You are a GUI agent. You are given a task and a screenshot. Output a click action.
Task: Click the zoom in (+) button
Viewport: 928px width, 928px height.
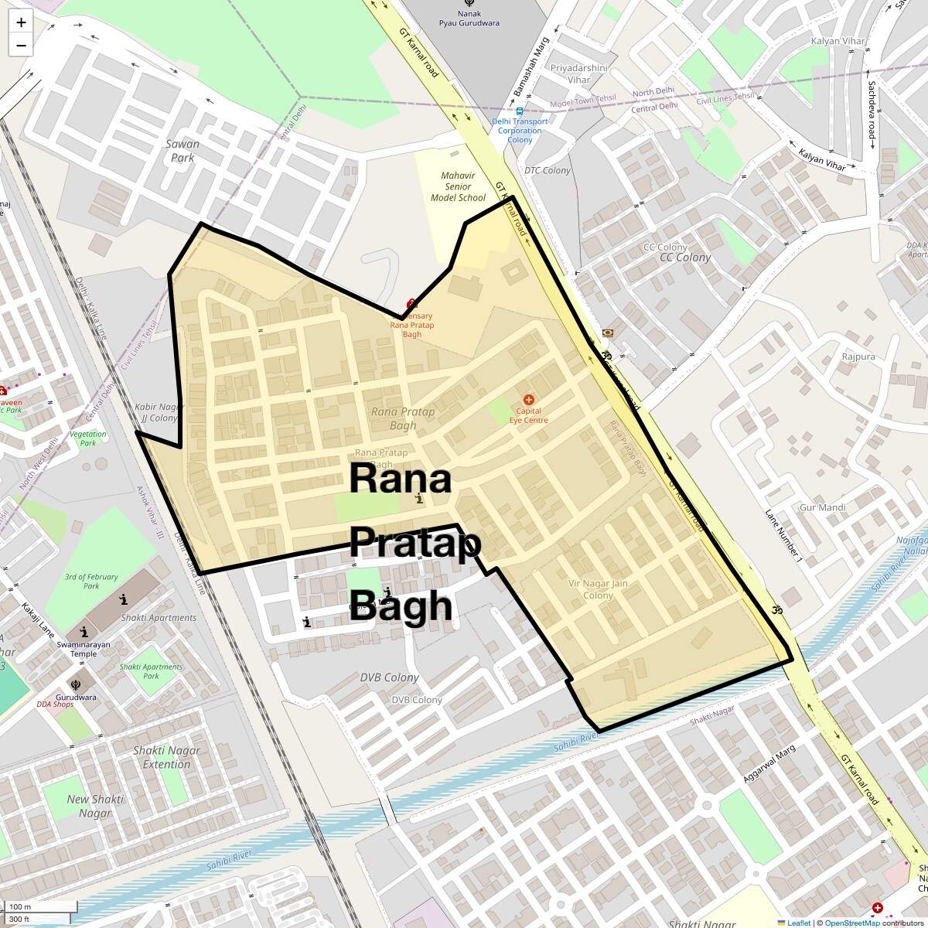coord(21,22)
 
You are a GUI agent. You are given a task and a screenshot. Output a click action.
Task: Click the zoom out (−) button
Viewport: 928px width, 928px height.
coord(21,45)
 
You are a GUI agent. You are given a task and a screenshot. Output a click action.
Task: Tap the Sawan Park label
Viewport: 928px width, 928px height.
coord(183,151)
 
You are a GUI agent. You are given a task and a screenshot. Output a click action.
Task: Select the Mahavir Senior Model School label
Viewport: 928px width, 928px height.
coord(458,186)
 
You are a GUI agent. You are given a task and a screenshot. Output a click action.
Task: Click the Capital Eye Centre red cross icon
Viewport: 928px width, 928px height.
coord(529,400)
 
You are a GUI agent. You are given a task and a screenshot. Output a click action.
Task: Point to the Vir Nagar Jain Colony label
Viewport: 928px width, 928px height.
coord(598,589)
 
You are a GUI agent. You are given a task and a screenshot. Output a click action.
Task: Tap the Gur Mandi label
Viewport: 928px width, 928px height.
coord(822,507)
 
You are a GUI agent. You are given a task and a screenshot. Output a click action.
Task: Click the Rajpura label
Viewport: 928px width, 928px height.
coord(858,357)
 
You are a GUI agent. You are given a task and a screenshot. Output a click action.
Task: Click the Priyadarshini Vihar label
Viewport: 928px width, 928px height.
coord(578,73)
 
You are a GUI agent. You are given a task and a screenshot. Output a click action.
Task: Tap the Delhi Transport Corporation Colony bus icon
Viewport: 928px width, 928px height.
coord(520,111)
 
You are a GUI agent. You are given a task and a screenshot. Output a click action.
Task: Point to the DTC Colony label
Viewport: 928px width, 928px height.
coord(548,170)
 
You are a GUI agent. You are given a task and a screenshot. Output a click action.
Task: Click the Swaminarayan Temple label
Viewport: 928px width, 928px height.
coord(84,649)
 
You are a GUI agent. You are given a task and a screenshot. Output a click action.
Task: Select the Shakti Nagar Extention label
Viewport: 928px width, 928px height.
coord(166,757)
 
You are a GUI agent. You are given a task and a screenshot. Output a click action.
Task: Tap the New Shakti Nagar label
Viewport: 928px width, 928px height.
coord(94,806)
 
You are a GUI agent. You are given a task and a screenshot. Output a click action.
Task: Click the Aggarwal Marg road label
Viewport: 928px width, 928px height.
coord(769,764)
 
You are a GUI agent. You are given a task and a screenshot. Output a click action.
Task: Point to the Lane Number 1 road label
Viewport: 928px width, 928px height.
coord(783,534)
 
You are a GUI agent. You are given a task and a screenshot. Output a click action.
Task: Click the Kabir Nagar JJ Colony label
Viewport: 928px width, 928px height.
coord(159,412)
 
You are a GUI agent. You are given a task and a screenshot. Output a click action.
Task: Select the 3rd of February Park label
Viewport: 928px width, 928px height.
coord(91,581)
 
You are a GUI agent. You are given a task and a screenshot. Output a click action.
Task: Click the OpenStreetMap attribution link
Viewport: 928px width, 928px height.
coord(851,923)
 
